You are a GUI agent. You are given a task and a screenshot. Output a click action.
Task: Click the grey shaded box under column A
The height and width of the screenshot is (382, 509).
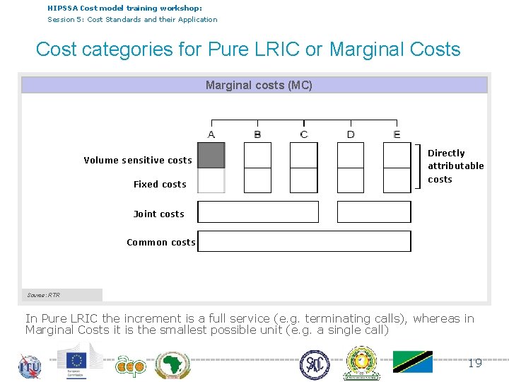click(x=211, y=156)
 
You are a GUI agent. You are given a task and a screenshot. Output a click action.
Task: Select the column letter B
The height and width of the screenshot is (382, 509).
click(x=257, y=134)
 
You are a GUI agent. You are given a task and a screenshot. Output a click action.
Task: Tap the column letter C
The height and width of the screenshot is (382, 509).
click(x=304, y=134)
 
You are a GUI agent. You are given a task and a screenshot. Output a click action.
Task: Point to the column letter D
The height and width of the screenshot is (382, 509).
click(x=351, y=134)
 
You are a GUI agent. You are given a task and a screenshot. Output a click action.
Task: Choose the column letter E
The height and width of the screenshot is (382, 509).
click(x=397, y=134)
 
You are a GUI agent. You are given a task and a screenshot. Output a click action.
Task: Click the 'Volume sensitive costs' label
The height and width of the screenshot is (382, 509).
click(x=138, y=161)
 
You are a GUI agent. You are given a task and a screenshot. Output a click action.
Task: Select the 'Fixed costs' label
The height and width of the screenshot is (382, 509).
click(x=160, y=185)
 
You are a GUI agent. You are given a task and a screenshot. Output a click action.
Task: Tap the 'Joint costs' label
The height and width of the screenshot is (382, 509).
click(x=158, y=214)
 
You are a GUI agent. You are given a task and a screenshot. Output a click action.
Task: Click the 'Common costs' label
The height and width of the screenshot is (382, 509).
click(x=161, y=243)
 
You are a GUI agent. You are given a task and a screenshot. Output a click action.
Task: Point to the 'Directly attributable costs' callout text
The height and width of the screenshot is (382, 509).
click(x=455, y=166)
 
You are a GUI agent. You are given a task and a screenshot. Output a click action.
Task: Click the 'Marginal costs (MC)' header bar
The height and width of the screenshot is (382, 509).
click(x=255, y=86)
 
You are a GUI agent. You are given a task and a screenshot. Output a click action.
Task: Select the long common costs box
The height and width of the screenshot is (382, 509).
click(x=304, y=241)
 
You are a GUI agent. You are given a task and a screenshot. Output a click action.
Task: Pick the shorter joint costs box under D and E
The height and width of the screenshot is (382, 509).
click(x=374, y=212)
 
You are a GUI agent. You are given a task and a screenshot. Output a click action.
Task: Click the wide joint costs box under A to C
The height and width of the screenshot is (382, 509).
click(x=258, y=212)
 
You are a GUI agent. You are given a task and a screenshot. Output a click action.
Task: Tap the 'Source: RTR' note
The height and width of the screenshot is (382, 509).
click(x=44, y=295)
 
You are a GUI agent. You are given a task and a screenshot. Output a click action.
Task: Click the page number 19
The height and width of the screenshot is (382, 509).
click(x=475, y=363)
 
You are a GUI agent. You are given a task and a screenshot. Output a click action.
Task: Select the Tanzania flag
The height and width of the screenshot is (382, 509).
click(x=413, y=361)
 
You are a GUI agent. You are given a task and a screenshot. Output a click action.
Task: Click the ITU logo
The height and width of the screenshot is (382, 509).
click(x=30, y=366)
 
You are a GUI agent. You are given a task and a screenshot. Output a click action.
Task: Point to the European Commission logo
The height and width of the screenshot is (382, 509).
click(x=80, y=361)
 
